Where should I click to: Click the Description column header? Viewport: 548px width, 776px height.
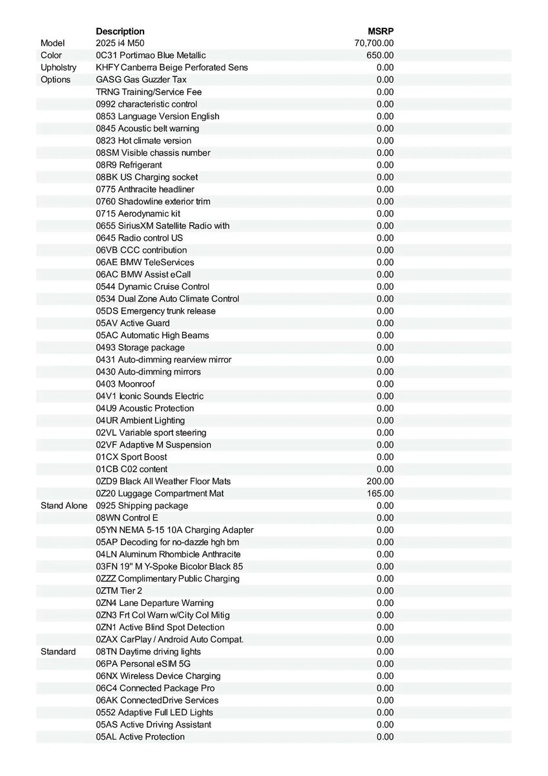tap(120, 31)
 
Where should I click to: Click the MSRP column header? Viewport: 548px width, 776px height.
tap(381, 31)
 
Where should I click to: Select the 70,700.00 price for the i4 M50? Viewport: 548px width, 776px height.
tap(374, 43)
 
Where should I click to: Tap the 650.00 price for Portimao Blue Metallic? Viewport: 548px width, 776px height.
tap(380, 56)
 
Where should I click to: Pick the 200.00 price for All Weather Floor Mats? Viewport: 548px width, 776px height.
tap(380, 481)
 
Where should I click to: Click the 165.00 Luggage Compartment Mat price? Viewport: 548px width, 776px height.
tap(380, 493)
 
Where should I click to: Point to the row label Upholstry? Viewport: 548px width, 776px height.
tap(58, 67)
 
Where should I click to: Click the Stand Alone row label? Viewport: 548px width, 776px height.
tap(63, 506)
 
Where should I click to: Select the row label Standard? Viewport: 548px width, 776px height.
tap(58, 651)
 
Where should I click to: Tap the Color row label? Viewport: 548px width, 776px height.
tap(51, 56)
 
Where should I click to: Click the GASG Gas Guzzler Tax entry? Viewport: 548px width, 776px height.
tap(141, 80)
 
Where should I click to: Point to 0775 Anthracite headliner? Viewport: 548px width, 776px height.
tap(145, 189)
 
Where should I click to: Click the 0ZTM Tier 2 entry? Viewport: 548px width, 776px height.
tap(119, 590)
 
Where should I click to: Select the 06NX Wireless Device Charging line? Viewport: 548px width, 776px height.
tap(158, 676)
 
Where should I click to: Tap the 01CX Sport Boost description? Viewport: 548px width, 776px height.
tap(131, 457)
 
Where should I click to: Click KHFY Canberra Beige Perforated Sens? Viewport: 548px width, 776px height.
tap(171, 67)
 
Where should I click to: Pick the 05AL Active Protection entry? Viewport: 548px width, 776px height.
tap(140, 737)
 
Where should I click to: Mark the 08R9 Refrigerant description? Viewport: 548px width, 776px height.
tap(129, 165)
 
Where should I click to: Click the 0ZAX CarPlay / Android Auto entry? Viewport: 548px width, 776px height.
tap(170, 640)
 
